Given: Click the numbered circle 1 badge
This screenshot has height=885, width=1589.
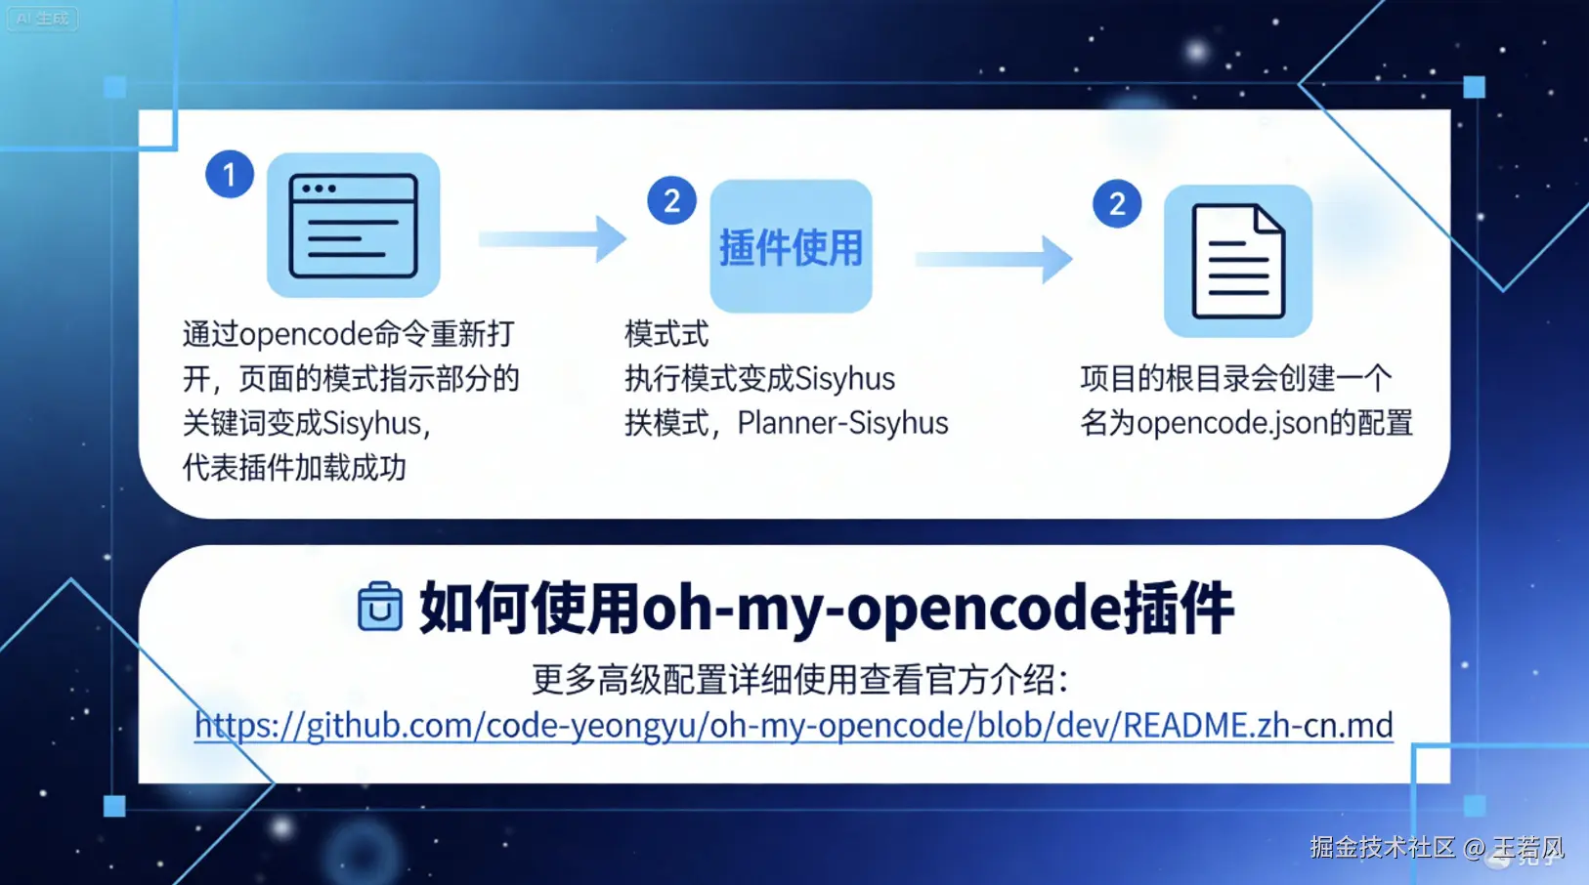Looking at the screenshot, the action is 230,175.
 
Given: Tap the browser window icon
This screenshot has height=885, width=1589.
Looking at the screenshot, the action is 353,226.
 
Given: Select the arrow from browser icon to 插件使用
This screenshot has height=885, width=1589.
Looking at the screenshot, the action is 553,239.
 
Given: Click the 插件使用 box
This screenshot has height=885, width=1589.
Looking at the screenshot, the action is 791,246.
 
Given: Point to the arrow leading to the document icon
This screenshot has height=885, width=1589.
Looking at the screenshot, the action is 994,259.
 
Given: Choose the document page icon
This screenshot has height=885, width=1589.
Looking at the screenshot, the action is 1238,261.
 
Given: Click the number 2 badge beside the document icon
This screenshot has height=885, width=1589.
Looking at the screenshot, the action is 1117,204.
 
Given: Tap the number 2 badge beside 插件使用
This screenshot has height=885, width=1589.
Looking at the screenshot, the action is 671,201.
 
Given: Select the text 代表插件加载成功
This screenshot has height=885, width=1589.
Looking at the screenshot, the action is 294,468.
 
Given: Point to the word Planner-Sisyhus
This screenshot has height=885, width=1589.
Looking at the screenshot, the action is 842,423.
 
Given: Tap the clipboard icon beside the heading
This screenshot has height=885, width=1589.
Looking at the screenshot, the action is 380,607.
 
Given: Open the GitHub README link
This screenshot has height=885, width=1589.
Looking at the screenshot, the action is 794,725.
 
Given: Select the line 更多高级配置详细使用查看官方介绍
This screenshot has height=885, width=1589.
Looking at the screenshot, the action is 799,679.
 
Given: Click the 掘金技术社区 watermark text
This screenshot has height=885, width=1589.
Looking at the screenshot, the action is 1382,847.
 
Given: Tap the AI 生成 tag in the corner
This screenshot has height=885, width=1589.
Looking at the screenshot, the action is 42,19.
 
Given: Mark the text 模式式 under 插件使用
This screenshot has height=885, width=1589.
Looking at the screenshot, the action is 666,334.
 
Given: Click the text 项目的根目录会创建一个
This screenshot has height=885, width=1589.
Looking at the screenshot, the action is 1235,378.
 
